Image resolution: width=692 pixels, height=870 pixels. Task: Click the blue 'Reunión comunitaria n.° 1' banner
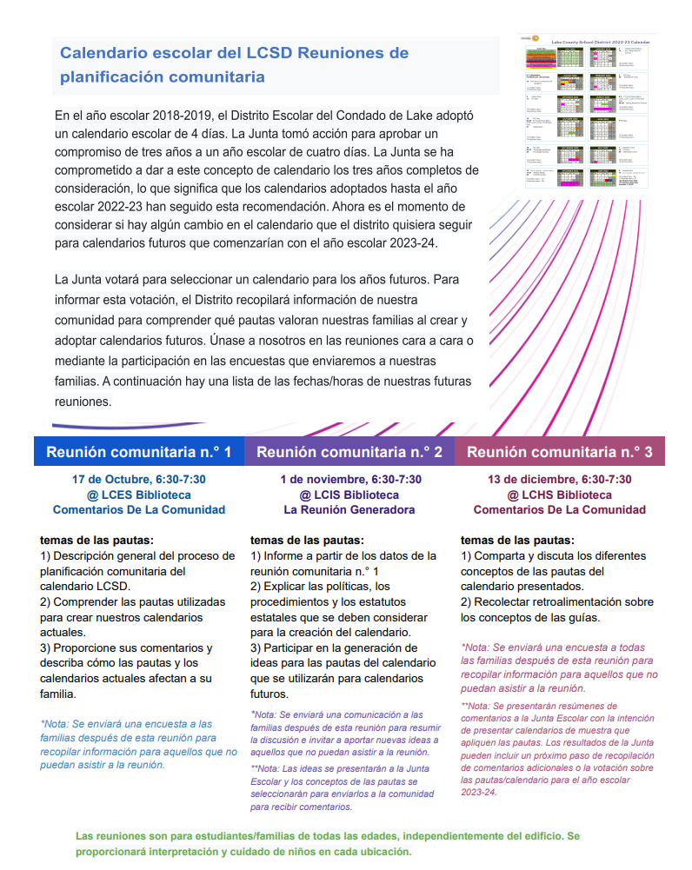139,452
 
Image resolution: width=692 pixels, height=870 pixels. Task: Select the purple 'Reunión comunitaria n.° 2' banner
349,452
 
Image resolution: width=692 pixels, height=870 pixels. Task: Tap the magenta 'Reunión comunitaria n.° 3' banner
560,452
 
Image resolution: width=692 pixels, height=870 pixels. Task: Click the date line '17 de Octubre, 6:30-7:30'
139,479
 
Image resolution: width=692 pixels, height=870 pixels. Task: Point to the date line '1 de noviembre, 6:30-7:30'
349,479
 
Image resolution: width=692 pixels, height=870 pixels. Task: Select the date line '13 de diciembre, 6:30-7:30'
560,479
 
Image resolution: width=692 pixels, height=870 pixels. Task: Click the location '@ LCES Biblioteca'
139,495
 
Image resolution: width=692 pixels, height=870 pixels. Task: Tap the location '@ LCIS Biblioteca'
349,495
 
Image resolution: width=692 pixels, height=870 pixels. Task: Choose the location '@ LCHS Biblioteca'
560,495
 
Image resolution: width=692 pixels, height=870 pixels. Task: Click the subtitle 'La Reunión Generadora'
349,509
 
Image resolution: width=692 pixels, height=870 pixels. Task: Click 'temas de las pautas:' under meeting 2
307,540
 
